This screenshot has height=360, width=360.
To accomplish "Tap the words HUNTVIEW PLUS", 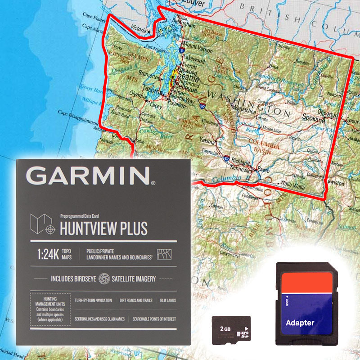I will click(x=103, y=229).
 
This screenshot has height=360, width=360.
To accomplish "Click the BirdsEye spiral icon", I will click(x=104, y=279).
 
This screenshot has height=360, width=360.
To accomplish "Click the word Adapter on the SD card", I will click(x=300, y=323).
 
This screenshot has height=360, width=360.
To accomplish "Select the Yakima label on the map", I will click(x=207, y=140).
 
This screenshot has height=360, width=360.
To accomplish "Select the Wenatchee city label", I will click(x=245, y=108).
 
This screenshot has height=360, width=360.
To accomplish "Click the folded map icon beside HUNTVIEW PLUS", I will click(x=41, y=224).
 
